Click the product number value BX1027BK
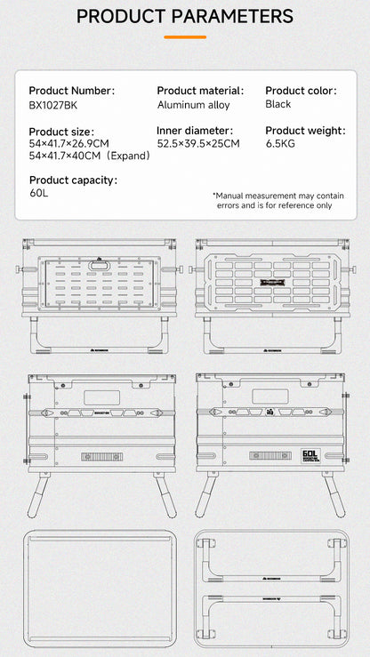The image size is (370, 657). point(52,105)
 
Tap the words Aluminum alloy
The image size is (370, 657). point(193,105)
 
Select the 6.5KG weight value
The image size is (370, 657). point(281,144)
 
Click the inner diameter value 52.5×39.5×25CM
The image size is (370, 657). point(198,144)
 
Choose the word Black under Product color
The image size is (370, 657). point(278,104)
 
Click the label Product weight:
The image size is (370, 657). point(305,131)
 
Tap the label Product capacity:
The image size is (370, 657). point(73,180)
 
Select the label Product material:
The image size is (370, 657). point(200,91)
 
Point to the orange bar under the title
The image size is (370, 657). point(185,37)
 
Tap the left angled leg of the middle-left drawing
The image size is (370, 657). point(36,494)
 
